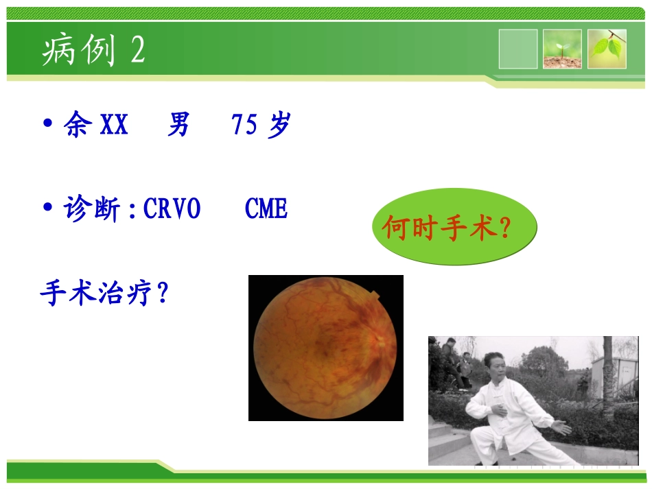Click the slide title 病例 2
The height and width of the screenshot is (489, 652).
(x=93, y=50)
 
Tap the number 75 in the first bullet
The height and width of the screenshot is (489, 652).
(x=244, y=126)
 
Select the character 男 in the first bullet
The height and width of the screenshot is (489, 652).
(x=178, y=126)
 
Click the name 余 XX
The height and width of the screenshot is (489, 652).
(x=96, y=126)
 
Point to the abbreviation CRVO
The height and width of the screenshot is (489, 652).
(x=172, y=208)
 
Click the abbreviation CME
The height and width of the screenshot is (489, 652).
(x=266, y=208)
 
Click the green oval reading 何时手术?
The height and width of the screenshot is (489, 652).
(x=454, y=228)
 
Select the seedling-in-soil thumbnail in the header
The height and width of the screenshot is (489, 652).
(x=562, y=49)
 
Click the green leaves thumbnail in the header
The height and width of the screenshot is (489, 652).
(x=607, y=49)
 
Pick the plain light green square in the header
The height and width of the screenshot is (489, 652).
(x=518, y=49)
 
